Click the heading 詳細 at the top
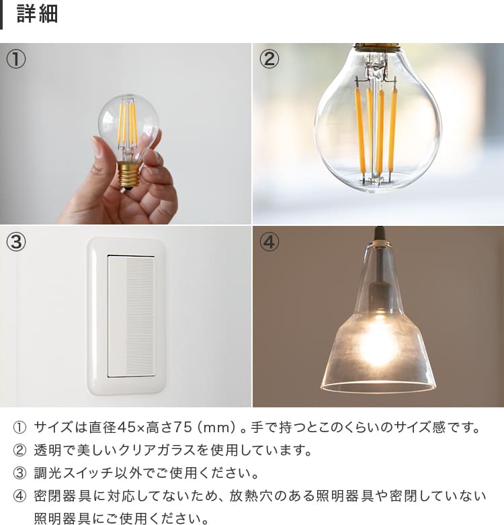(37, 13)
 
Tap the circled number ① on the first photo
(15, 59)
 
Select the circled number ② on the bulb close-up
(269, 59)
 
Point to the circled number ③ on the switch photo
(15, 242)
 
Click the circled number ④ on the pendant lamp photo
(269, 242)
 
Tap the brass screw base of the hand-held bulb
(128, 174)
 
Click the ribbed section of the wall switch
(140, 317)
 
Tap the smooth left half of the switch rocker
(116, 317)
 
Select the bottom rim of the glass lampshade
(378, 387)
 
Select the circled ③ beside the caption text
(19, 473)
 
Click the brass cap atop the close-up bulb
(377, 47)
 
